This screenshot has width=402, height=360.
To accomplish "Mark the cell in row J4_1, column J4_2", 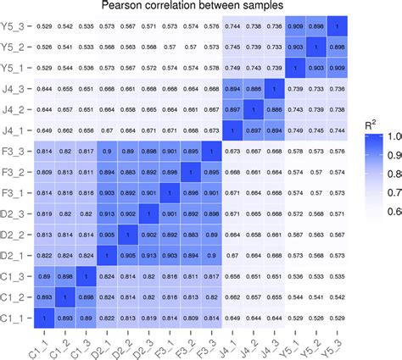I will pos(250,130).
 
